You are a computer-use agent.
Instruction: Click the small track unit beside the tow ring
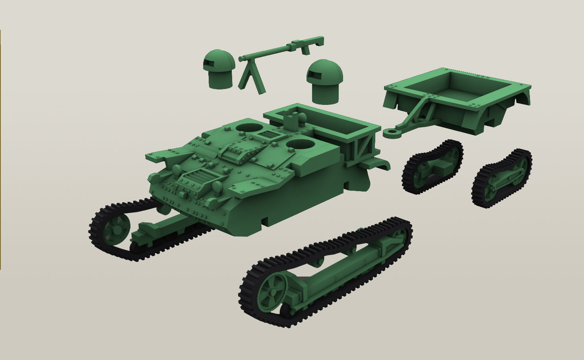[x=432, y=166]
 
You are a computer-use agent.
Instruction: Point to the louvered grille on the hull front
[x=197, y=177]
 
